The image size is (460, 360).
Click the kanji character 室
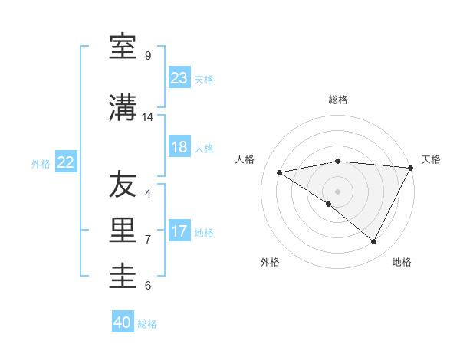123,47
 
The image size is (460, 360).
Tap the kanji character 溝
123,108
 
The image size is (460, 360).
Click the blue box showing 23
179,78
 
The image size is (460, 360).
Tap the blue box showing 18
179,147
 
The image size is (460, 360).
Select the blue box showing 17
179,231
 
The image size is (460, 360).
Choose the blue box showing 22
66,162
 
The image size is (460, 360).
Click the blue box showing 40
123,322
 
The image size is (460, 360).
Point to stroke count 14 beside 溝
148,117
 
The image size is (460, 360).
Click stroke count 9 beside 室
148,56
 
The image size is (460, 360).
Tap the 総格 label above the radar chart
338,100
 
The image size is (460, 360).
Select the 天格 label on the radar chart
431,159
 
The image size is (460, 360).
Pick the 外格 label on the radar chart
270,263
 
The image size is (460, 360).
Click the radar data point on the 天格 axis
411,168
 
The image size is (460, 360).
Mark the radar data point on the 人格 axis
280,172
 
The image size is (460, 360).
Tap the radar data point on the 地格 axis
374,242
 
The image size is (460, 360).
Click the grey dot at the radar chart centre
337,191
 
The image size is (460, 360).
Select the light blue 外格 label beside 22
41,163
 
